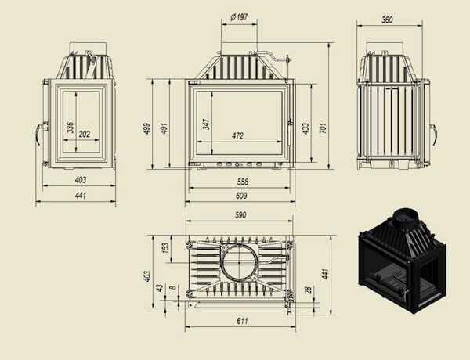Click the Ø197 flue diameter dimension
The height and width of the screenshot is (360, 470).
(239, 16)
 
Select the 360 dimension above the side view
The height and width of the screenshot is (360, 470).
(387, 20)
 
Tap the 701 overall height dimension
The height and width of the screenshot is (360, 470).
(323, 128)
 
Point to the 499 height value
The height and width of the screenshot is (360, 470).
(147, 128)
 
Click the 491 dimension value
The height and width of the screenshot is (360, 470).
(164, 128)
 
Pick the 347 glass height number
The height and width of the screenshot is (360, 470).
(206, 124)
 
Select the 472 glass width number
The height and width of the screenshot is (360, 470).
(237, 136)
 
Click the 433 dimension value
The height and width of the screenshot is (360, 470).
(305, 128)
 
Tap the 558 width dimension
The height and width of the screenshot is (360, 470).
(243, 182)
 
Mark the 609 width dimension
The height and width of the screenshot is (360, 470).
(241, 196)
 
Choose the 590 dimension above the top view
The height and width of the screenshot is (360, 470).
(240, 215)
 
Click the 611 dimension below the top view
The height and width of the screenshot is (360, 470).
(242, 321)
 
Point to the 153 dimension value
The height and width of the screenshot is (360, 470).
(165, 247)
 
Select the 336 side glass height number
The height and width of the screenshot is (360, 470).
(70, 128)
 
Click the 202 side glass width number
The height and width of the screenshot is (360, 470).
(85, 134)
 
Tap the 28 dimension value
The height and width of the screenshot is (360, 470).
(309, 290)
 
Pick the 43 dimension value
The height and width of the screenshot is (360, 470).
(160, 288)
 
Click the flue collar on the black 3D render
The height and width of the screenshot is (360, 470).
(405, 218)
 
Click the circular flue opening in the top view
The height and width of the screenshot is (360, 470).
(239, 261)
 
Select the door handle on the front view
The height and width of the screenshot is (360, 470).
(290, 132)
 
